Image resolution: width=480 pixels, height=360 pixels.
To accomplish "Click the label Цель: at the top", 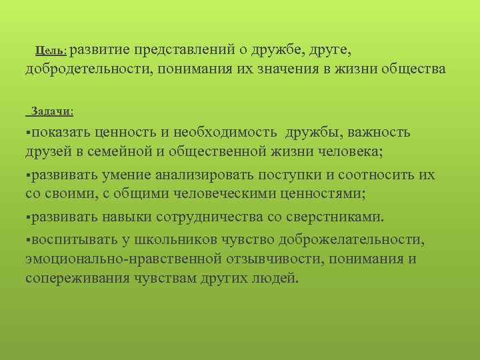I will point(51,50).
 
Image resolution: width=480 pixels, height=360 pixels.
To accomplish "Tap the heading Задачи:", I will point(53,111).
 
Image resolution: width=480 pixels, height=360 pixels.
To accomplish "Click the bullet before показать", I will point(28,133).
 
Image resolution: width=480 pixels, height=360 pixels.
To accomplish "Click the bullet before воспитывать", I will point(28,239).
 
